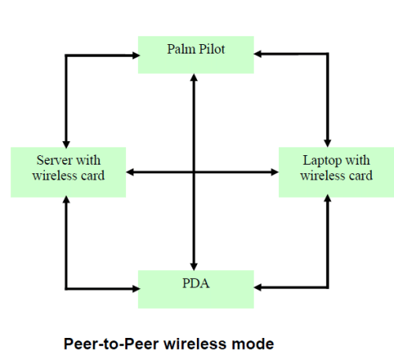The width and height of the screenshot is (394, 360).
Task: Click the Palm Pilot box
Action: (x=196, y=54)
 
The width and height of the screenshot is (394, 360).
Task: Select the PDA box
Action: (x=196, y=289)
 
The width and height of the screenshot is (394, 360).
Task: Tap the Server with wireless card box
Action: (x=69, y=173)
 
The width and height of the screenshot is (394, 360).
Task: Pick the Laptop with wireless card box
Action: (x=336, y=173)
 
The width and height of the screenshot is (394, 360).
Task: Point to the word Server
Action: (x=54, y=160)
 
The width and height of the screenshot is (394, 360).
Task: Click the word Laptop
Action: (x=322, y=161)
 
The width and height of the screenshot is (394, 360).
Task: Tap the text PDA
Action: (x=196, y=283)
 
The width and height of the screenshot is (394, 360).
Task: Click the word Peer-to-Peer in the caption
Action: (x=111, y=343)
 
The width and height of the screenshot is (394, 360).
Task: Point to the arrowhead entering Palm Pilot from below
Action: (x=194, y=77)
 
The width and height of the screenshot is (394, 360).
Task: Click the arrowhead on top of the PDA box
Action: (x=194, y=266)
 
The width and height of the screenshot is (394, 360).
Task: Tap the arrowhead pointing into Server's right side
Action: (x=130, y=173)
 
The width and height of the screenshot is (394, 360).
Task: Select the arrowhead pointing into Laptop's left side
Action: (x=275, y=173)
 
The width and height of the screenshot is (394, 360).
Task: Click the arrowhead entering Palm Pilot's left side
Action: (x=136, y=55)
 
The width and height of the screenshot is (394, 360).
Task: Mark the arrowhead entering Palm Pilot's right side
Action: (x=258, y=54)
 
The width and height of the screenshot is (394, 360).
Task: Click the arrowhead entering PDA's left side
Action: (x=136, y=289)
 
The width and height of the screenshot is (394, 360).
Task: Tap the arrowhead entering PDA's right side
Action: (x=258, y=288)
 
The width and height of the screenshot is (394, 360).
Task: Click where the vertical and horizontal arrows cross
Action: (x=194, y=173)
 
